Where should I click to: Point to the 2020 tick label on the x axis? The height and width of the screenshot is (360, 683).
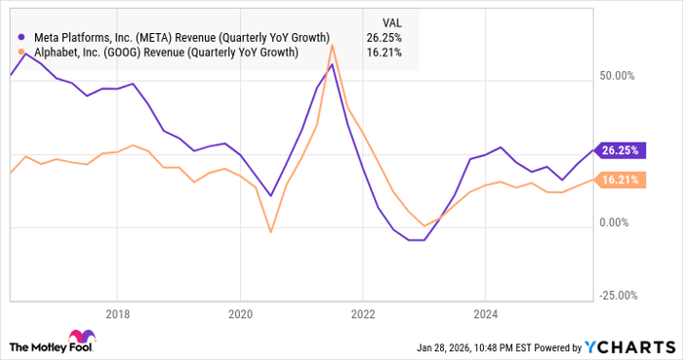pos(240,314)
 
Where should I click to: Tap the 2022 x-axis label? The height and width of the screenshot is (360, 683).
pos(362,314)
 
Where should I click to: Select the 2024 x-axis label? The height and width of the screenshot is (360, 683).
pos(485,314)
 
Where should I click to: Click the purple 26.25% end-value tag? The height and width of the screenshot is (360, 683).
pos(620,150)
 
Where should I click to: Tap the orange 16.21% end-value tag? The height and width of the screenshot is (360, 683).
pos(620,180)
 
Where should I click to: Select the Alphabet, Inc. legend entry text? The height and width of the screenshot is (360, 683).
pos(166,53)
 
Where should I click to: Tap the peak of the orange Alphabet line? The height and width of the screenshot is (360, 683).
pos(333,46)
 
